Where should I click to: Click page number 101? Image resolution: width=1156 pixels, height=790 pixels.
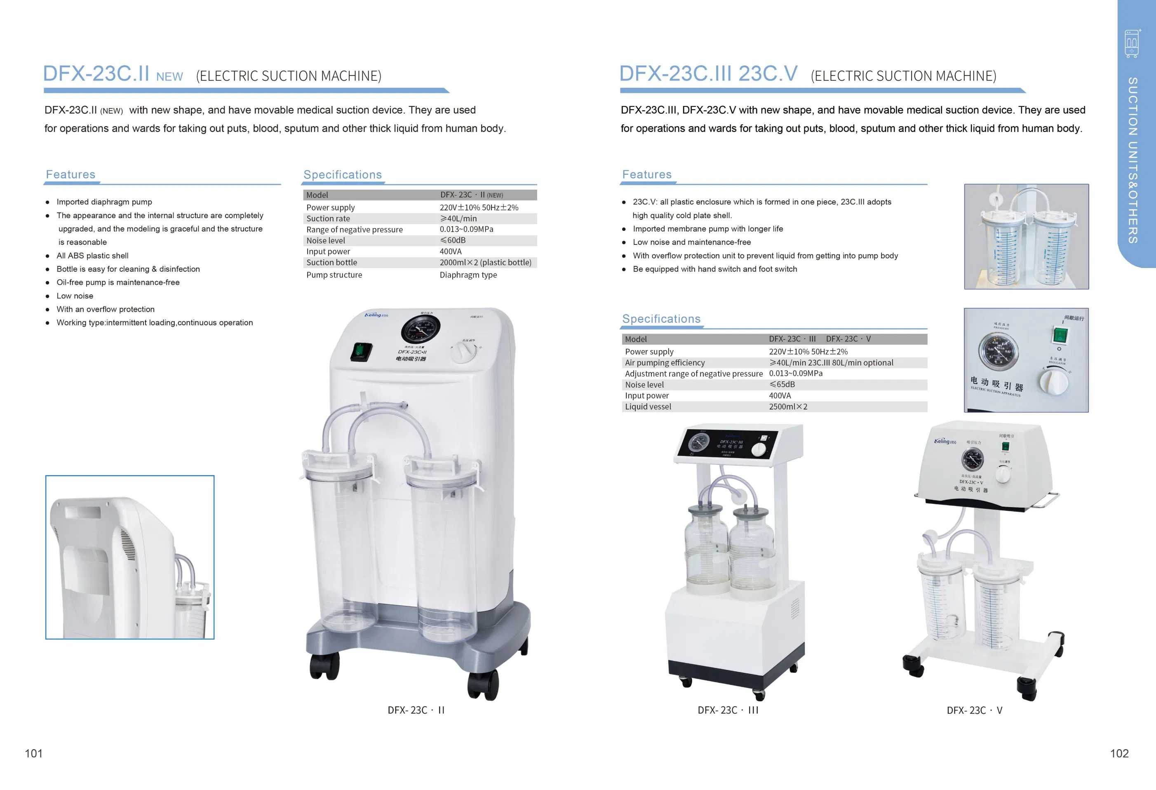point(34,753)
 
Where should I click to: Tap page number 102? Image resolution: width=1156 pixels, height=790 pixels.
point(1119,753)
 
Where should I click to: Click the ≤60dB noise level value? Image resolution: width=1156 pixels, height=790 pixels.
point(453,240)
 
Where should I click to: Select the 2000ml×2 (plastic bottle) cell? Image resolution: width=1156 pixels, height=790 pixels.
point(485,262)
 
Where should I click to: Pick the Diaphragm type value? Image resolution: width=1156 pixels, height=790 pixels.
point(468,275)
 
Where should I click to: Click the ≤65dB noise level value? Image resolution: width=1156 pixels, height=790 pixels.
point(782,385)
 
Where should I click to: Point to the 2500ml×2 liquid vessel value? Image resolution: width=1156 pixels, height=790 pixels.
point(788,407)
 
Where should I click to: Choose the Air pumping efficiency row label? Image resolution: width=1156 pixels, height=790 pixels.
point(665,363)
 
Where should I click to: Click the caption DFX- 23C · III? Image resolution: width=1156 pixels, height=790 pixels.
point(728,710)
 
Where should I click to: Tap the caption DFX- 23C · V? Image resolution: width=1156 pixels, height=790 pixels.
point(974,710)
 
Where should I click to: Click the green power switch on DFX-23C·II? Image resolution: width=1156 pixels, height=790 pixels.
point(361,351)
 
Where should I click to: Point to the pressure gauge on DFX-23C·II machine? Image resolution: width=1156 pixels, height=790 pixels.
point(421,330)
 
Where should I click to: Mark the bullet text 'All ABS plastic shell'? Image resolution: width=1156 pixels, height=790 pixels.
point(92,256)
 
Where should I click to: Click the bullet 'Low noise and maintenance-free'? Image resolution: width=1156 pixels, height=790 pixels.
point(691,242)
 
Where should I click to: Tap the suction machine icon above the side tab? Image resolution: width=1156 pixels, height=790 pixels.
point(1132,44)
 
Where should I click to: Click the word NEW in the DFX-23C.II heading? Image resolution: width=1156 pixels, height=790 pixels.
point(169,77)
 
